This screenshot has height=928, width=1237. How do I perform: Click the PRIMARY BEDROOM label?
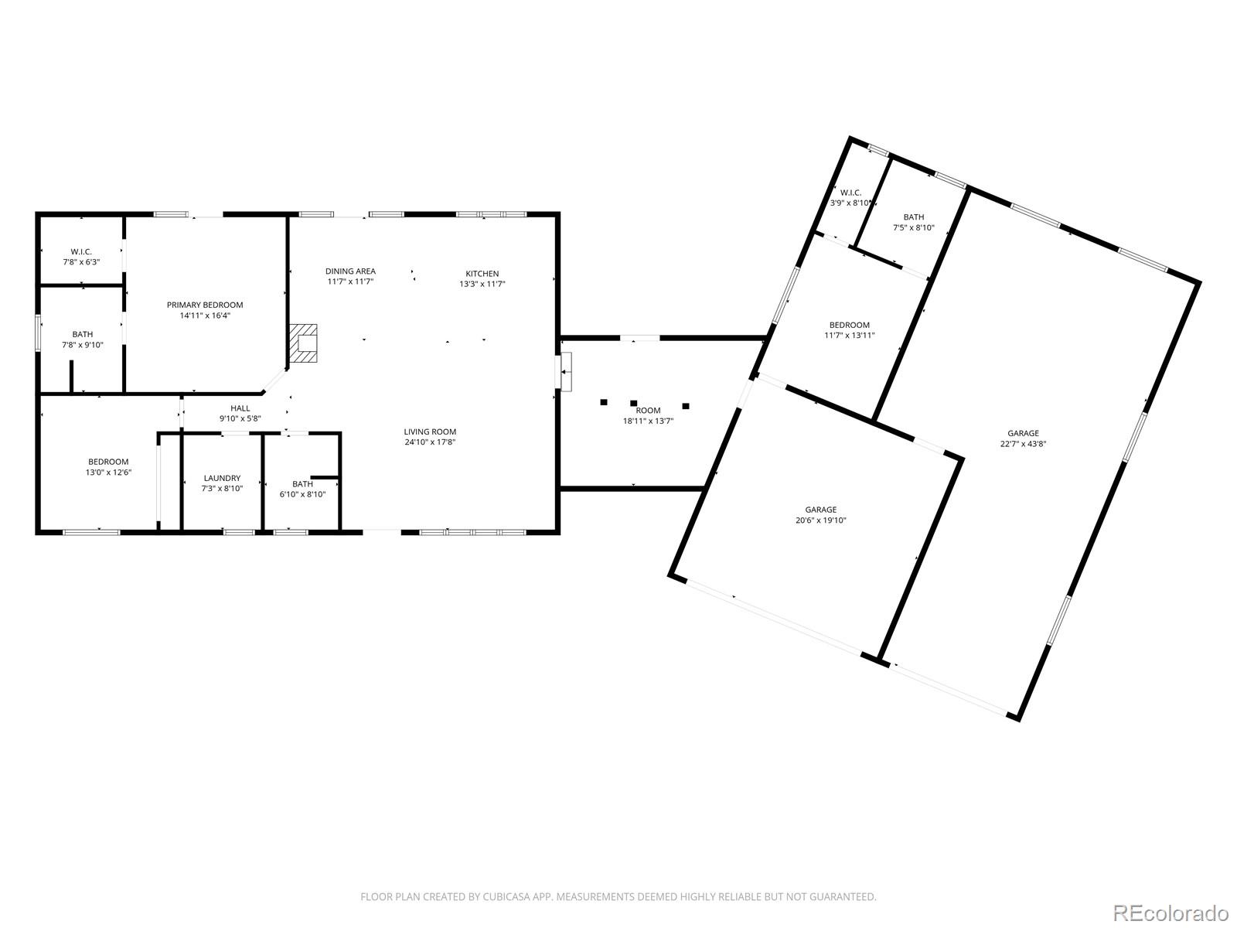[205, 305]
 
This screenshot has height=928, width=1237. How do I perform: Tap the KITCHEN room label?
[482, 273]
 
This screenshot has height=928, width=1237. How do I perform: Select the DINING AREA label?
[350, 271]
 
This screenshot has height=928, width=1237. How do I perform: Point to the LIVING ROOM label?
[430, 432]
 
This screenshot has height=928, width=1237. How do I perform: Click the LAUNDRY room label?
[222, 478]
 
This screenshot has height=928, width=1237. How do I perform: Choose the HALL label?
[240, 408]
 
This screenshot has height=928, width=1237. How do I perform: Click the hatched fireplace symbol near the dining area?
[303, 343]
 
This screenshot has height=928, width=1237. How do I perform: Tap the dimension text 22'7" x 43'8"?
[1024, 443]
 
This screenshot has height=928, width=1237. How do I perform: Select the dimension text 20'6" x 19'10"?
[820, 520]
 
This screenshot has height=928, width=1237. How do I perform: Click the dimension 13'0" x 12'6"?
[108, 473]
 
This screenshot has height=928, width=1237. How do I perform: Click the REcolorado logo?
[1171, 913]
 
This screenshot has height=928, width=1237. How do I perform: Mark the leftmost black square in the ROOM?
[604, 401]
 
